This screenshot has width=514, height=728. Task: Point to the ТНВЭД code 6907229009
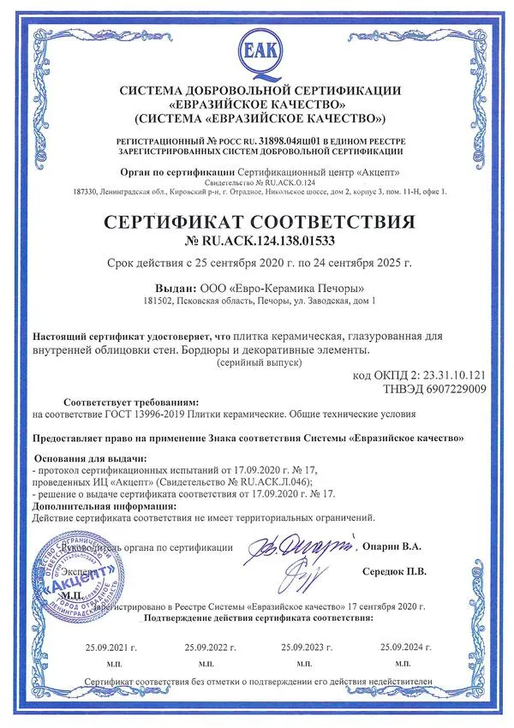[x=438, y=389]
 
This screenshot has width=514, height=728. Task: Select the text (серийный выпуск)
[x=259, y=363]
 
